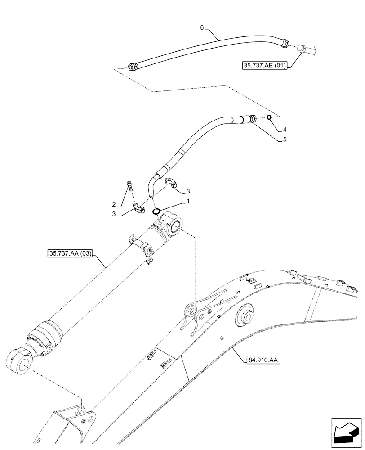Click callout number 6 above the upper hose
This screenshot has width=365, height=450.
click(202, 27)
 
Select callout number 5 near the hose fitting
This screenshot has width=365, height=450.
click(285, 139)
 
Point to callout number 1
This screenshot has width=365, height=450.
click(188, 202)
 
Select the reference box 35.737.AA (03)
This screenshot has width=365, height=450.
click(69, 254)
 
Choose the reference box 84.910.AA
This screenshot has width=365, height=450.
click(266, 360)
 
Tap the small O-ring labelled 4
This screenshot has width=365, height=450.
click(268, 118)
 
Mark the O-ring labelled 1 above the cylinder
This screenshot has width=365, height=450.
click(157, 211)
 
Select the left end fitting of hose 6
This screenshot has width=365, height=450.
click(132, 67)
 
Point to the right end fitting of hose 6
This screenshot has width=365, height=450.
click(284, 44)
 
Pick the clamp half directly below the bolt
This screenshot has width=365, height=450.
click(139, 209)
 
